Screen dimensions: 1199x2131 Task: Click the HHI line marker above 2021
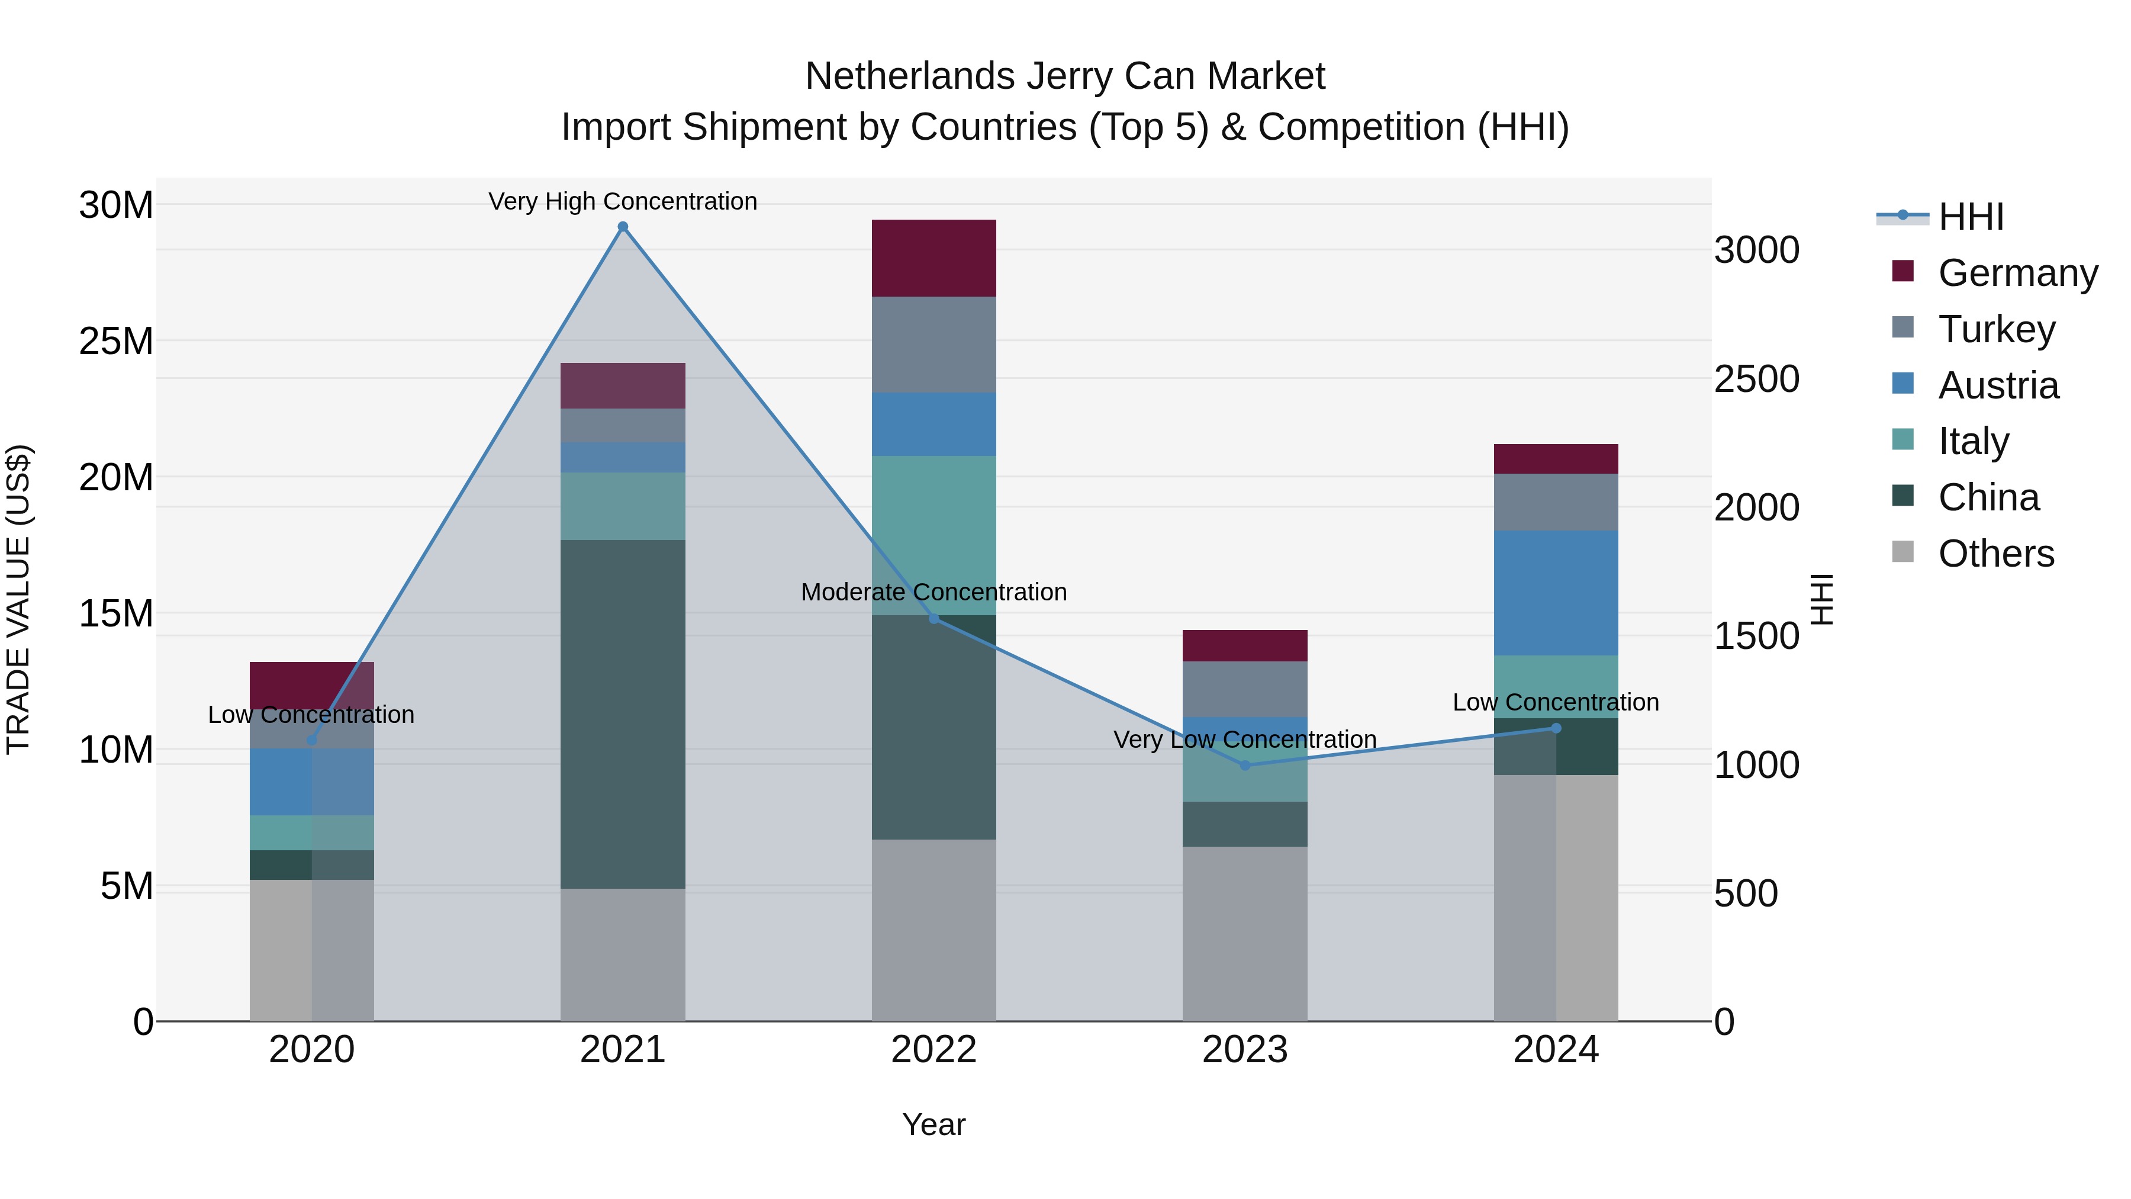tap(623, 227)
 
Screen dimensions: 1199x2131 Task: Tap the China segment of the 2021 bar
tap(623, 713)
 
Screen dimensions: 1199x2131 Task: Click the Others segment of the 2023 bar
tap(1244, 933)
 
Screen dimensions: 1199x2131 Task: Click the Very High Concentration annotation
tap(623, 201)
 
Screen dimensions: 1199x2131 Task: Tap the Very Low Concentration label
tap(1244, 739)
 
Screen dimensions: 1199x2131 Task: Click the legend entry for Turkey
tap(1996, 329)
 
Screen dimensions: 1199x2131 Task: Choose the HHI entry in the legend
tap(1971, 217)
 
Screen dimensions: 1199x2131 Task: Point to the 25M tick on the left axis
tap(116, 341)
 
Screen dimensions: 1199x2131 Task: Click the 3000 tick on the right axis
tap(1756, 250)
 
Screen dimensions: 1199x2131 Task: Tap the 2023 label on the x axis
tap(1244, 1050)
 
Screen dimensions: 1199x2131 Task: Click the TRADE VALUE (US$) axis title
tap(18, 599)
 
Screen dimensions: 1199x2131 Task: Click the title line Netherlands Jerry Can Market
tap(1065, 76)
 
